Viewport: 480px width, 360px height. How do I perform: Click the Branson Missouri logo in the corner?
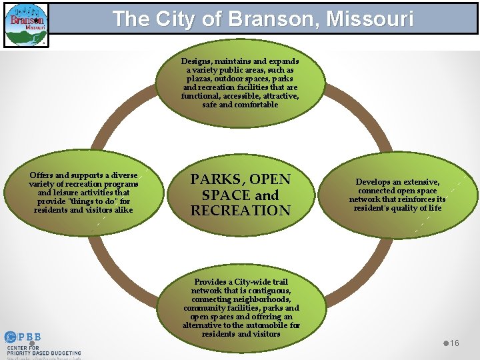coord(26,25)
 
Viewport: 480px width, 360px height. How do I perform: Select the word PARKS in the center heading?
coord(213,180)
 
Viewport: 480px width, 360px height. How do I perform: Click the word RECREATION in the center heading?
coord(240,211)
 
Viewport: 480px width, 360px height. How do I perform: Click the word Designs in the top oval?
coord(197,61)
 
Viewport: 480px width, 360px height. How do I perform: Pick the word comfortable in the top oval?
coord(255,105)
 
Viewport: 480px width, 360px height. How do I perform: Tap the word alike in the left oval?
coord(121,210)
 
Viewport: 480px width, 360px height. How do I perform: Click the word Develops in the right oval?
coord(378,182)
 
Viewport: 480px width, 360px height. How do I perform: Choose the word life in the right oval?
coord(435,208)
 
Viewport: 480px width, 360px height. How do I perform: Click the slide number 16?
coord(454,343)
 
